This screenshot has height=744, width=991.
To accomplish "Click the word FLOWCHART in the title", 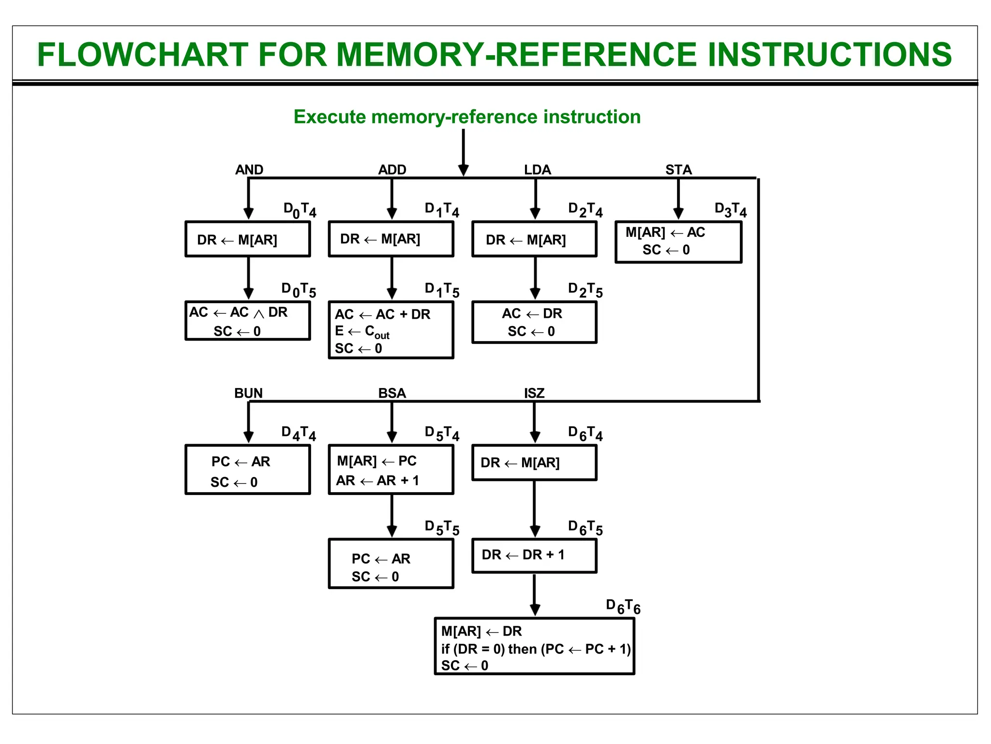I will (x=143, y=54).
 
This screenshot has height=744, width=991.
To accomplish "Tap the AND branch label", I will (x=249, y=170).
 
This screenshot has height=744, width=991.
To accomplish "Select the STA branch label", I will (x=678, y=170).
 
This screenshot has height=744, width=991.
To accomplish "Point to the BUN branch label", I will (x=248, y=393).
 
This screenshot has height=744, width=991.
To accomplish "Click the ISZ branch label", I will (x=534, y=393).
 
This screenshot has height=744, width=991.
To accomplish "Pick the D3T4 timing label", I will (x=731, y=210).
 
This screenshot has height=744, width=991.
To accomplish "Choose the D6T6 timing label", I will (x=623, y=606).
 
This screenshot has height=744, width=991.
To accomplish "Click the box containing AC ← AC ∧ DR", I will (x=248, y=321).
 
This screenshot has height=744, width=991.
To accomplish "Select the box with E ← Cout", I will (x=391, y=330).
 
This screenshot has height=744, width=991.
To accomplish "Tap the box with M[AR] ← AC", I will (x=678, y=242).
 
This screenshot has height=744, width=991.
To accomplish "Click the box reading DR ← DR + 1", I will (x=534, y=556).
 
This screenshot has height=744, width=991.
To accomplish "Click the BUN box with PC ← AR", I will (x=248, y=470).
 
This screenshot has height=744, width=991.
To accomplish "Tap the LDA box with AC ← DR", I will (x=534, y=322).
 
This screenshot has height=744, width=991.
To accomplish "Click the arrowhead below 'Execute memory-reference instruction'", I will (x=463, y=170).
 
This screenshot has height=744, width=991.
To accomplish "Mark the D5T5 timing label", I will (x=442, y=527).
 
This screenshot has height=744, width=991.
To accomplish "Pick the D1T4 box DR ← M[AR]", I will (x=391, y=239).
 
